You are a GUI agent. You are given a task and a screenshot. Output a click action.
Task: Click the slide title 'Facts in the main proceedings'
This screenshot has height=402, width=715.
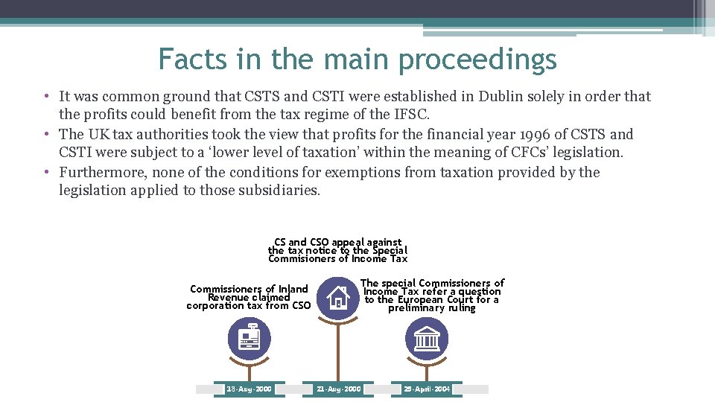click(x=357, y=59)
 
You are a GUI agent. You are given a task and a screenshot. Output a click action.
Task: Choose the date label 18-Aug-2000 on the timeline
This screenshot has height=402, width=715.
click(x=249, y=389)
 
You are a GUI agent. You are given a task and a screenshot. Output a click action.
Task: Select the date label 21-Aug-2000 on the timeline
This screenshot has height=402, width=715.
click(x=338, y=389)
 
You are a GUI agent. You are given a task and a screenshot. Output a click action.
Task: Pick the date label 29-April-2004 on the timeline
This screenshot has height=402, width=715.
click(x=427, y=389)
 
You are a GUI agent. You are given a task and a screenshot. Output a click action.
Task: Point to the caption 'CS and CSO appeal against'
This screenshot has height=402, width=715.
click(x=337, y=242)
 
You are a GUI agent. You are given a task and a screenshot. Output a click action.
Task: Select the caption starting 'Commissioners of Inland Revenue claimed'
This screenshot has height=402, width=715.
click(x=249, y=297)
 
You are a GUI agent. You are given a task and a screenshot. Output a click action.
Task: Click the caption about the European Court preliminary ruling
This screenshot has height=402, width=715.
click(x=432, y=295)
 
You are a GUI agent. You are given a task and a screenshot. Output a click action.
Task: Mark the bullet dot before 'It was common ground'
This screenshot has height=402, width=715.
click(x=46, y=97)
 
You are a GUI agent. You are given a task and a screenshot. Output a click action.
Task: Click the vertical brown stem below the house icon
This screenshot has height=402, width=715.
click(x=338, y=350)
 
